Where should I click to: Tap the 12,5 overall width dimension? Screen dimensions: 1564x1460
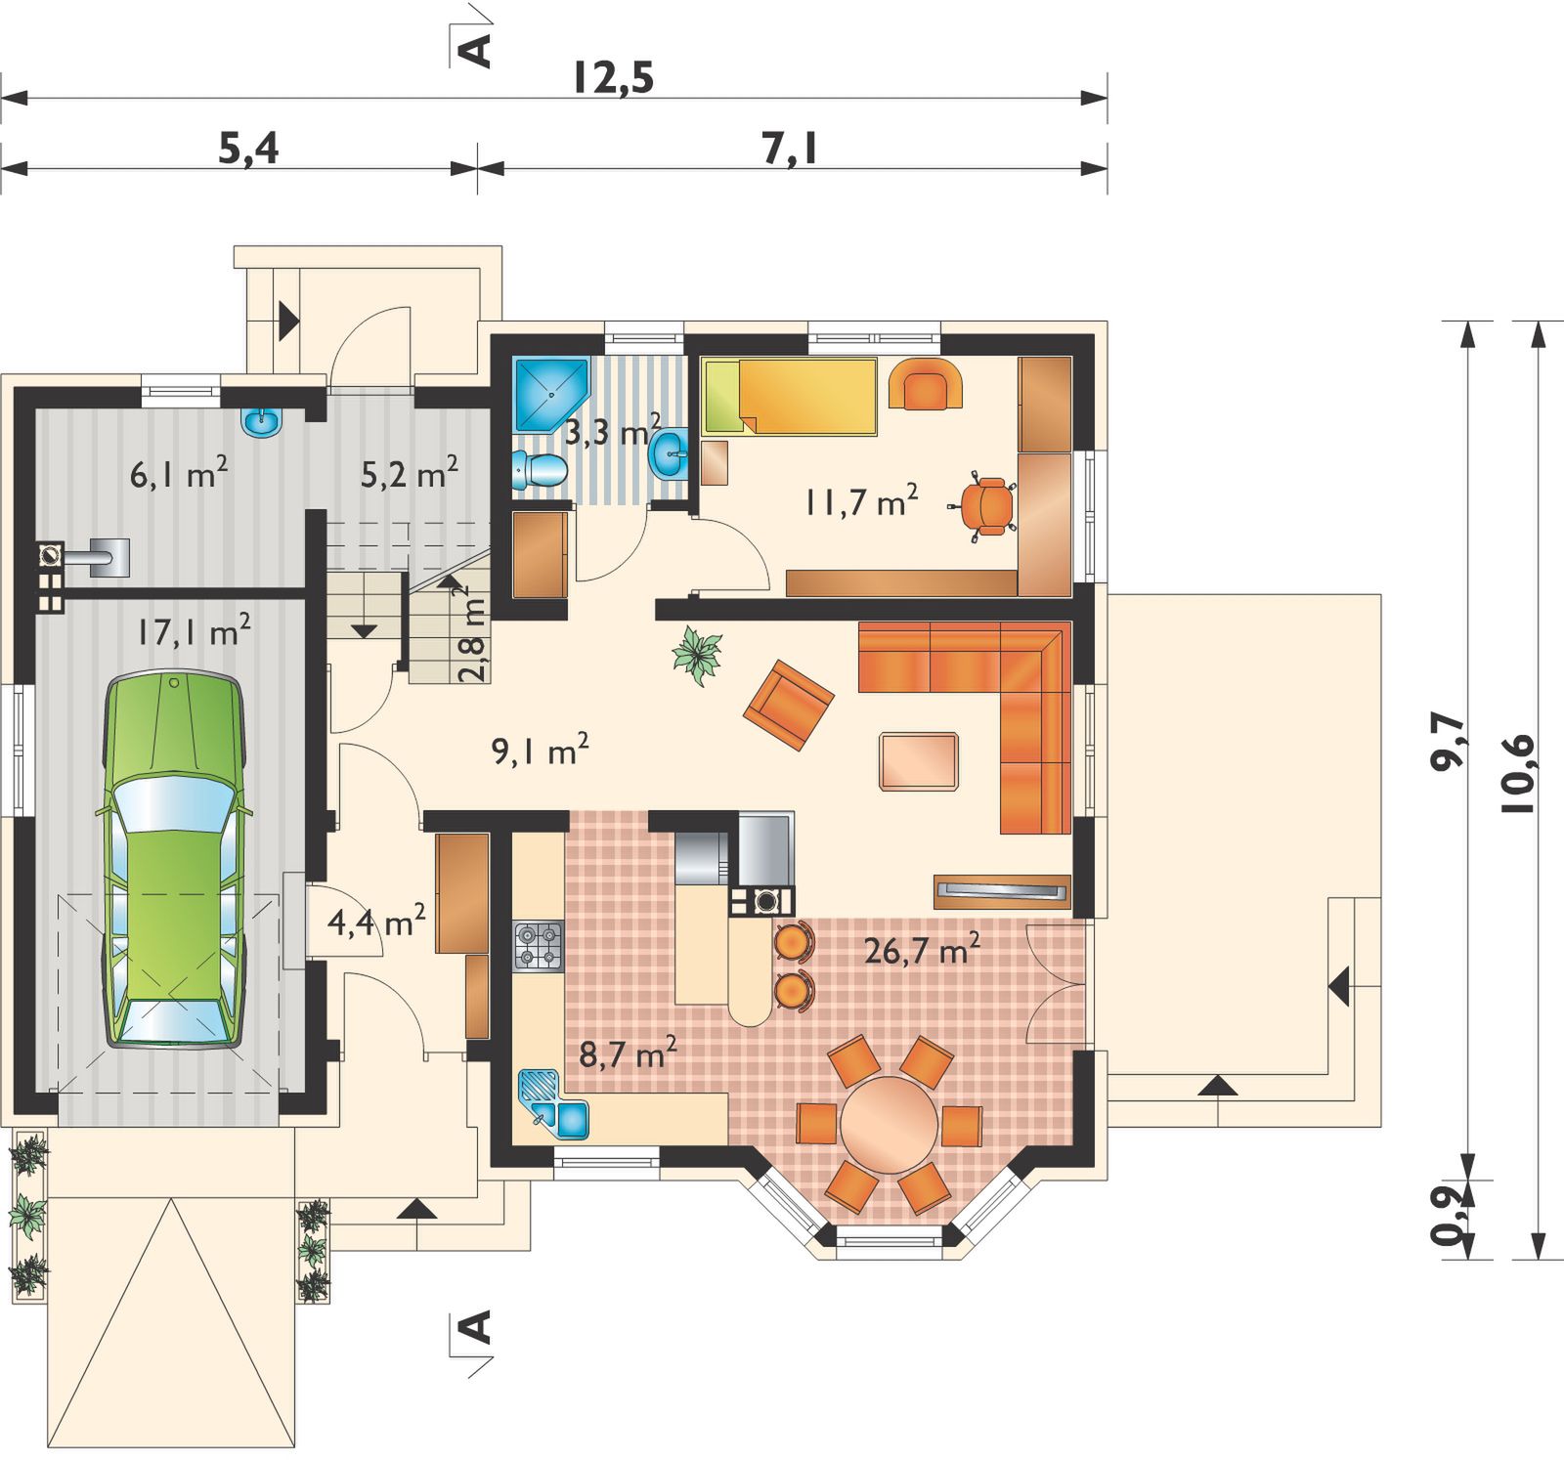(612, 78)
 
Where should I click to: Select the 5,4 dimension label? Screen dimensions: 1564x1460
(247, 149)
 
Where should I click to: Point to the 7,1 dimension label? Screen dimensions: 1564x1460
(789, 149)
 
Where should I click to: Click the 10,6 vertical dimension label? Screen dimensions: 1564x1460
(1519, 773)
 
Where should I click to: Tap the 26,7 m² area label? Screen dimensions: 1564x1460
(922, 950)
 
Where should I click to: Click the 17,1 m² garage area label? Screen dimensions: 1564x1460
(193, 631)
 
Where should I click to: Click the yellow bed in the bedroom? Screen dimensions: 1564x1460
(790, 396)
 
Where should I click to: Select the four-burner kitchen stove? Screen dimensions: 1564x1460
(539, 946)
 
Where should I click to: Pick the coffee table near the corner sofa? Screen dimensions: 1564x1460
(919, 760)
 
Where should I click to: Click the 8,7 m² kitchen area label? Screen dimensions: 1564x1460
(629, 1055)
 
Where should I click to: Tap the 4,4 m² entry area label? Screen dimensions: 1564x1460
(375, 921)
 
